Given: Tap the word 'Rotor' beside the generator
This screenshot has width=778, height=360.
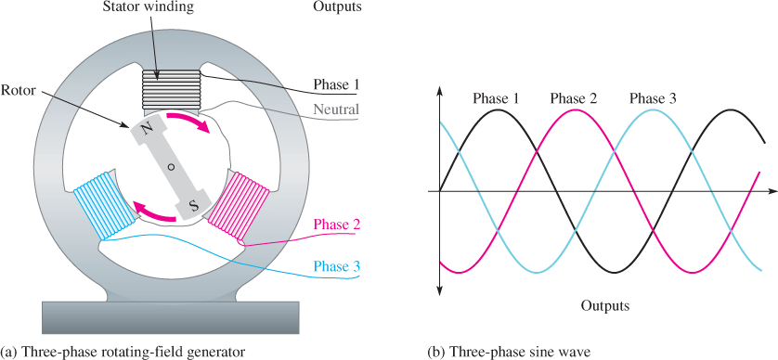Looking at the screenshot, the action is click(x=19, y=91).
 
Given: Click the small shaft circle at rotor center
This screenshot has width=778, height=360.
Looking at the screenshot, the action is click(x=171, y=167).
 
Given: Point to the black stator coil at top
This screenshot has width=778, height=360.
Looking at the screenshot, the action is click(x=172, y=90).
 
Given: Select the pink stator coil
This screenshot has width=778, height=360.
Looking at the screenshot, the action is click(x=240, y=204).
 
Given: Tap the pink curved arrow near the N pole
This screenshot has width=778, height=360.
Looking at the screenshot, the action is click(x=188, y=122).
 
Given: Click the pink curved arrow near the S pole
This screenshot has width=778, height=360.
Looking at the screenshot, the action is click(x=155, y=212).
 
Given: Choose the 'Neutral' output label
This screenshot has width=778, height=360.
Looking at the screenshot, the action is click(x=336, y=109).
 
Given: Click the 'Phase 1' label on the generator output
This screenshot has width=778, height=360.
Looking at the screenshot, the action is click(x=335, y=84).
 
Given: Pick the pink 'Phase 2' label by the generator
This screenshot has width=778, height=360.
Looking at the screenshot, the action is click(x=336, y=225).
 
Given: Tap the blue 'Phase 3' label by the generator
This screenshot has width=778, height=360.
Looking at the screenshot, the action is click(x=336, y=267).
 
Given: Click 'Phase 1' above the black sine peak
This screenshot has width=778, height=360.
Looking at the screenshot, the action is click(x=496, y=98).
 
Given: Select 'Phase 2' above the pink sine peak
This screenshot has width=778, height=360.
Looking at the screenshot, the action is click(x=574, y=98).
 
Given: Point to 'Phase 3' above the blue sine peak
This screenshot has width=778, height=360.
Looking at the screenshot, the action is click(x=653, y=98).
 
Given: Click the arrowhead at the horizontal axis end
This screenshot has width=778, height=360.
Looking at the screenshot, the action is click(x=772, y=191).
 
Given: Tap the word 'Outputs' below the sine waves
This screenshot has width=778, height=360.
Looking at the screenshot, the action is click(x=604, y=305).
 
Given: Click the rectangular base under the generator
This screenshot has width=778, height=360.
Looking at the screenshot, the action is click(x=171, y=317).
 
